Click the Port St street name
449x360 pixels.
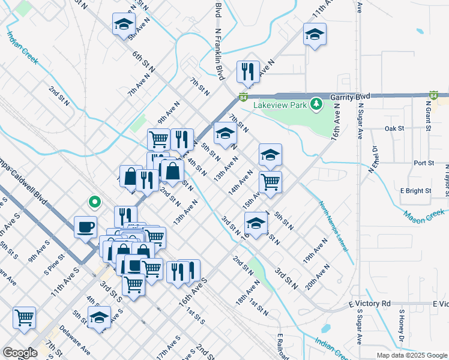(x=424, y=163)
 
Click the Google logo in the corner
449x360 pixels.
(x=20, y=353)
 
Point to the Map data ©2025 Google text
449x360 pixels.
(x=412, y=355)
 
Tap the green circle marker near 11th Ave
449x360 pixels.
(x=93, y=202)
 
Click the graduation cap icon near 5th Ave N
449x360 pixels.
(x=124, y=24)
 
